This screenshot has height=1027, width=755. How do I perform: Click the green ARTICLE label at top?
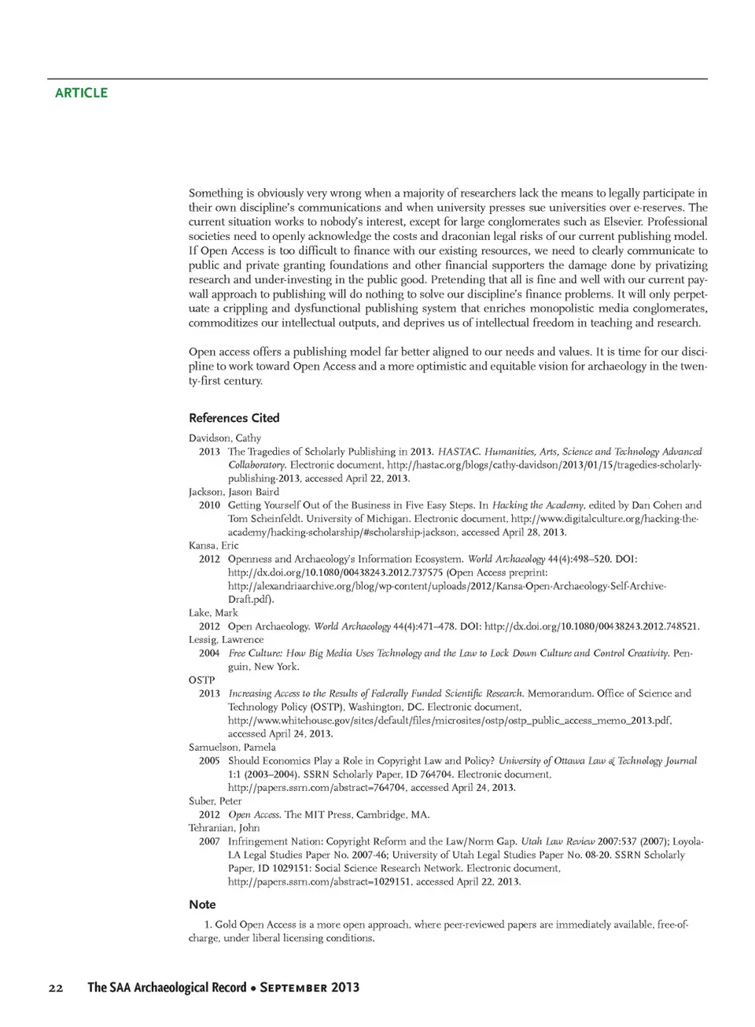click(x=81, y=93)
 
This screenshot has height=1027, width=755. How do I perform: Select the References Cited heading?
click(x=234, y=418)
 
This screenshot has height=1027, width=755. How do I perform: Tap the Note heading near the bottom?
click(x=202, y=904)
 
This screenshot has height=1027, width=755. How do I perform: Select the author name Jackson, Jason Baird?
click(x=234, y=492)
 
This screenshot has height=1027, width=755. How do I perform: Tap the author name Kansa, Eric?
click(x=213, y=545)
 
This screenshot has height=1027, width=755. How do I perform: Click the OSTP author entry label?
click(x=201, y=680)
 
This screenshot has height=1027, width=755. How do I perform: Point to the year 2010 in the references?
click(x=209, y=505)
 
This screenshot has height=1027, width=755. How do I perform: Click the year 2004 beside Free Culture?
click(x=209, y=653)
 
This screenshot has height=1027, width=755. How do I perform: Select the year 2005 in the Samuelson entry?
click(x=209, y=761)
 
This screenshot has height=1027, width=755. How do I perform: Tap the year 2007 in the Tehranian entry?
click(x=209, y=841)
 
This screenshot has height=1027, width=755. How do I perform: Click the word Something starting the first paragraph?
click(x=216, y=193)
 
